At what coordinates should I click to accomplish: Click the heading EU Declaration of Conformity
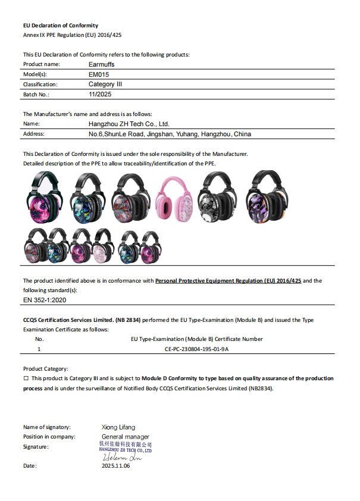click(x=61, y=26)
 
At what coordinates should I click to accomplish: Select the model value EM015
click(x=99, y=74)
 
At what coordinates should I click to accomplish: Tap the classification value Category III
click(x=105, y=84)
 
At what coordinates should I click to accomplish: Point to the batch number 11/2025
click(x=100, y=94)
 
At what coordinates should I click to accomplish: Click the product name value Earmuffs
click(x=102, y=64)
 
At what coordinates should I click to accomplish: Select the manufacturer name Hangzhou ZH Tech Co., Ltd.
click(x=129, y=124)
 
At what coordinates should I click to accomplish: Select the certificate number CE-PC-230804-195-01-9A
click(x=196, y=349)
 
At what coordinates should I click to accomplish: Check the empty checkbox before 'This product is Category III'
click(x=26, y=378)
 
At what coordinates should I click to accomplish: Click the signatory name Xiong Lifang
click(x=118, y=427)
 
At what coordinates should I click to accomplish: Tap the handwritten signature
click(x=121, y=458)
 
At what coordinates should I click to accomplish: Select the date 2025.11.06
click(x=116, y=466)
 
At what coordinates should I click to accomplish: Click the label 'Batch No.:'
click(x=36, y=95)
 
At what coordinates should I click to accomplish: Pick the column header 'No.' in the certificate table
click(x=40, y=339)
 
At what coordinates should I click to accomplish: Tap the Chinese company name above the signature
click(x=125, y=444)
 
